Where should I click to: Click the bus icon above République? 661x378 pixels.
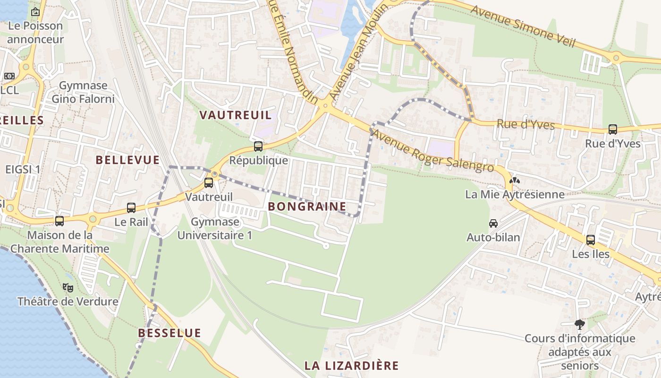pos(258,146)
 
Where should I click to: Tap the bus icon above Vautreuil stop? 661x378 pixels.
pos(209,183)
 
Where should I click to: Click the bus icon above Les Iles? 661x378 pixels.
pos(591,240)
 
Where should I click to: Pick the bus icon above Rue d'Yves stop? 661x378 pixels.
pos(613,129)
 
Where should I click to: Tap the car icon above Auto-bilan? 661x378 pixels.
pos(493,223)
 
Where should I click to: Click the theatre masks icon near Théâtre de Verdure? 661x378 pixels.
pos(68,287)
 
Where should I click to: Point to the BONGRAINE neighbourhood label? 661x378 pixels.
pos(307,206)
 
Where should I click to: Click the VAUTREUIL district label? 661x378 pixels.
pos(236,115)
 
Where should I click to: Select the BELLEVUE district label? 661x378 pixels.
pos(127,160)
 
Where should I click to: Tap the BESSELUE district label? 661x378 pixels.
pos(169,333)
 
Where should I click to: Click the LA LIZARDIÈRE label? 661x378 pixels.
pos(351,365)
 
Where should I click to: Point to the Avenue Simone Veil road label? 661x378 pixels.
pos(523,26)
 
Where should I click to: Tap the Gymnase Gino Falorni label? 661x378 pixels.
pos(83,92)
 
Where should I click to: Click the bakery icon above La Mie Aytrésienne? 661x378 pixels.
pos(514,180)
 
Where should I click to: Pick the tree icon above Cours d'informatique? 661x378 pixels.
pos(580,325)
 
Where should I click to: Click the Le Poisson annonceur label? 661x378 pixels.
pos(35,32)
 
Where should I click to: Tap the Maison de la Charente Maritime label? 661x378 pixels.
pos(60,241)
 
